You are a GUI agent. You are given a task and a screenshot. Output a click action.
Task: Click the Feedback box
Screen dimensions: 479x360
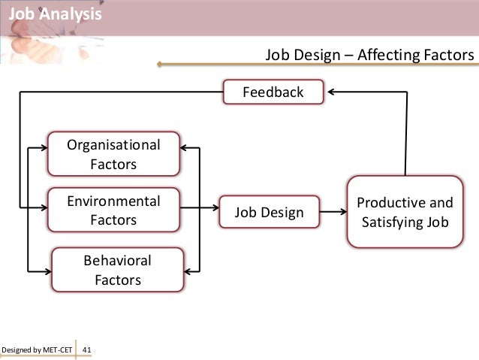(273, 92)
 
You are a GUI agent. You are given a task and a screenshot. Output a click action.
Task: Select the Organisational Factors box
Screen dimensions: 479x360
(113, 153)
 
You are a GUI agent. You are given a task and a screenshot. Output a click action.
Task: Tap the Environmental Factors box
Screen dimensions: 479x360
(113, 210)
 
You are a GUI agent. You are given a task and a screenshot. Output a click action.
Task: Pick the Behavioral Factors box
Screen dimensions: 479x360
(117, 270)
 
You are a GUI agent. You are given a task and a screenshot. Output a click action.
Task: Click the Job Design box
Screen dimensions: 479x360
(269, 213)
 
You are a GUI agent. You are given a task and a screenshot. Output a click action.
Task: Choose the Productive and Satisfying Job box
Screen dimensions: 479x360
(405, 212)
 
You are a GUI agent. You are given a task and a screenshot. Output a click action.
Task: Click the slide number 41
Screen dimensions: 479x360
(86, 350)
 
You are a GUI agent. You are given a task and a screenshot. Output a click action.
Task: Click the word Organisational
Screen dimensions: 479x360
(113, 144)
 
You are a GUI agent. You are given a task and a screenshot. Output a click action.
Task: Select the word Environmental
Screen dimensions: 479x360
(113, 201)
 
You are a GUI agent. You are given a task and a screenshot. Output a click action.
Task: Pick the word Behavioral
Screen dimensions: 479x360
(118, 261)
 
